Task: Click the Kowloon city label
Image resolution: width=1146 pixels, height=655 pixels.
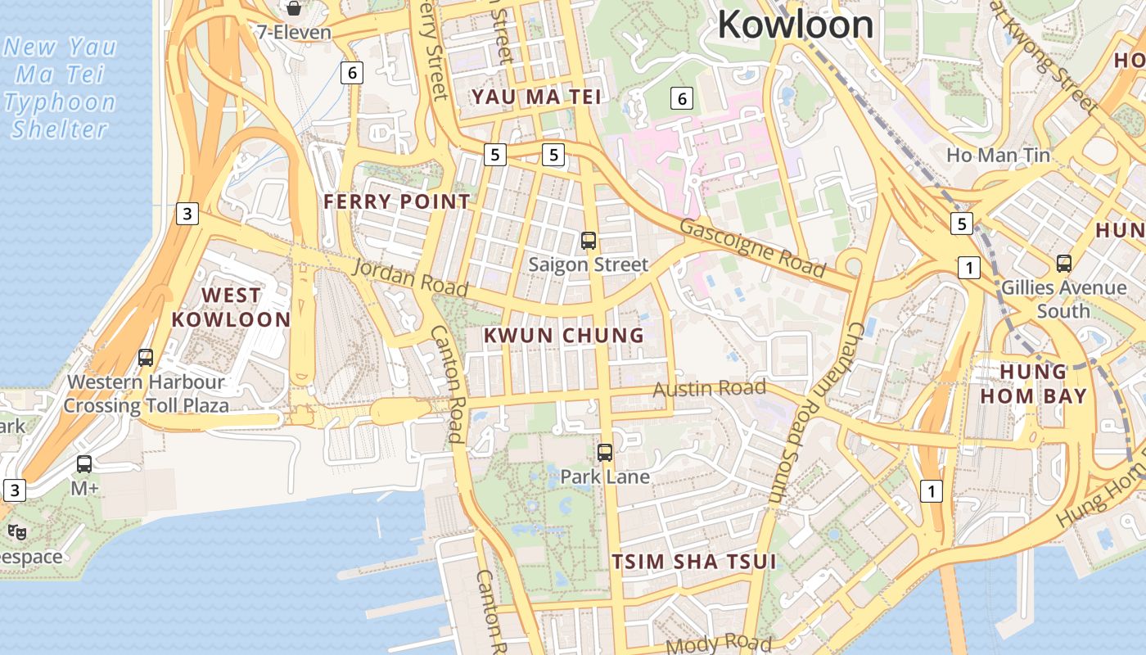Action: [x=795, y=25]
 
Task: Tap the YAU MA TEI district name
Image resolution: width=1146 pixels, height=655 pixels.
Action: [x=536, y=97]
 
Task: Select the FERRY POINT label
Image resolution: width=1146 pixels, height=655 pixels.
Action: [x=397, y=201]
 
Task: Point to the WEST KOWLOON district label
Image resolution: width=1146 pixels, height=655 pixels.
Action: [x=231, y=307]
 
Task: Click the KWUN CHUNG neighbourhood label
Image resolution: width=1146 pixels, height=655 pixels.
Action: [x=564, y=335]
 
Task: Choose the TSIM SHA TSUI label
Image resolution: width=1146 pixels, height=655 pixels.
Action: [x=694, y=562]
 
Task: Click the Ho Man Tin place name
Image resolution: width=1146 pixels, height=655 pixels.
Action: [x=998, y=155]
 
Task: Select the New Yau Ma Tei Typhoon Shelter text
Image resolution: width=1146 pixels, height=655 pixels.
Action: [x=60, y=88]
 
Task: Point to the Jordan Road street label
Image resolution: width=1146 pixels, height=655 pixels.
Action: [x=410, y=278]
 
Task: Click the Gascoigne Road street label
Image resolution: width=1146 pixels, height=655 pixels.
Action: [x=752, y=247]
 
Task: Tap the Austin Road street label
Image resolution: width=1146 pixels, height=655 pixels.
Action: [x=709, y=388]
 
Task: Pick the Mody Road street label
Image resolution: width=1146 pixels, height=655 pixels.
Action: [x=719, y=644]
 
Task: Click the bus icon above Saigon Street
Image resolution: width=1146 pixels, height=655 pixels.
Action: [x=589, y=241]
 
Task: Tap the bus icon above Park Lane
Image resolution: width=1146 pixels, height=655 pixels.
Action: [x=605, y=452]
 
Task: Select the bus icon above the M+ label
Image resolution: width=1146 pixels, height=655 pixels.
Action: [x=84, y=464]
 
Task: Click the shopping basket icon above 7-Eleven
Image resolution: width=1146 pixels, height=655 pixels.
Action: [x=293, y=8]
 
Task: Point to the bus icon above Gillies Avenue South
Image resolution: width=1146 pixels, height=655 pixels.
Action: [x=1064, y=264]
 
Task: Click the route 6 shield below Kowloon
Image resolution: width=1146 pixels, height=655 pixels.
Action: [x=681, y=99]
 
